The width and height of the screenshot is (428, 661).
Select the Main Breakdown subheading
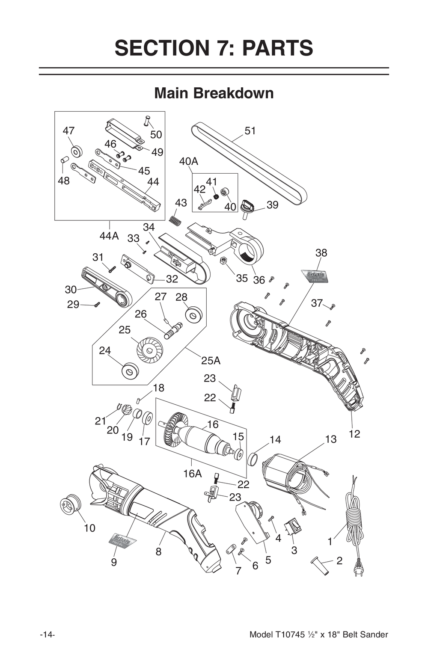tap(214, 93)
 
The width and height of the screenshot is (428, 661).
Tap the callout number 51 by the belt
tap(250, 130)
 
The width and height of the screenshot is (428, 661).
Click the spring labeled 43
tap(175, 221)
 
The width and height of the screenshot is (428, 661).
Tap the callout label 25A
tap(211, 361)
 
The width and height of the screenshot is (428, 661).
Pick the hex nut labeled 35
tap(223, 261)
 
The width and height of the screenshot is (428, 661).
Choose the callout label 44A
tap(109, 236)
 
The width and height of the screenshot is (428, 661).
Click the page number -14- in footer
tap(47, 634)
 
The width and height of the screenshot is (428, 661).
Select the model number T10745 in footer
tap(290, 634)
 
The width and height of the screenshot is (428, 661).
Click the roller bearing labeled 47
tap(77, 151)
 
